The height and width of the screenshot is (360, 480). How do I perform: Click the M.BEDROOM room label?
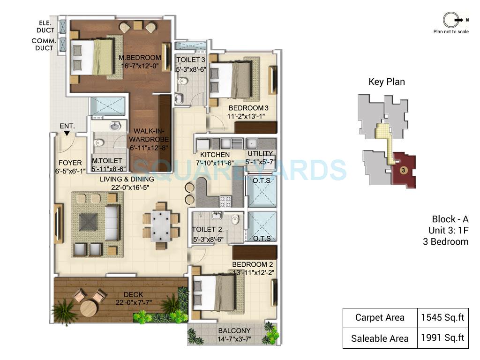pyautogui.click(x=140, y=58)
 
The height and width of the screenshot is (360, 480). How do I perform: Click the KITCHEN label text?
pyautogui.click(x=215, y=155)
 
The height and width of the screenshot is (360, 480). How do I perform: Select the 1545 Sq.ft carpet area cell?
pyautogui.click(x=442, y=318)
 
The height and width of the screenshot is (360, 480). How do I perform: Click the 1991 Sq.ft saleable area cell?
pyautogui.click(x=442, y=338)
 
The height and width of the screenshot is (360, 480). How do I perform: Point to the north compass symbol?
pyautogui.click(x=450, y=20)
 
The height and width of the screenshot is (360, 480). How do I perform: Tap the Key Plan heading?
pyautogui.click(x=387, y=82)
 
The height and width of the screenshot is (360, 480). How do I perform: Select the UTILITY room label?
pyautogui.click(x=260, y=154)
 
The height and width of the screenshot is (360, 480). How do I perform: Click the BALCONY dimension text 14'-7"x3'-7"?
pyautogui.click(x=234, y=338)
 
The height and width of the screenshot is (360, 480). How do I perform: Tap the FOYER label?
pyautogui.click(x=70, y=163)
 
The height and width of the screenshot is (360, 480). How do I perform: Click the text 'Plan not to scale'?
pyautogui.click(x=450, y=32)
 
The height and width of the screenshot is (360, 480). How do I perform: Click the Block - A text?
pyautogui.click(x=450, y=219)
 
